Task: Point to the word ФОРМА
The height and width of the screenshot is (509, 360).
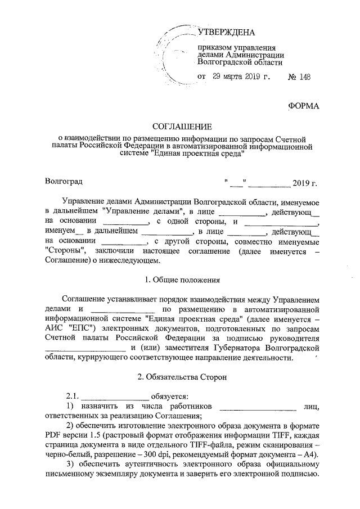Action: (x=303, y=106)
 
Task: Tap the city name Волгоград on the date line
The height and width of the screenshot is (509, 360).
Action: (x=64, y=181)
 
